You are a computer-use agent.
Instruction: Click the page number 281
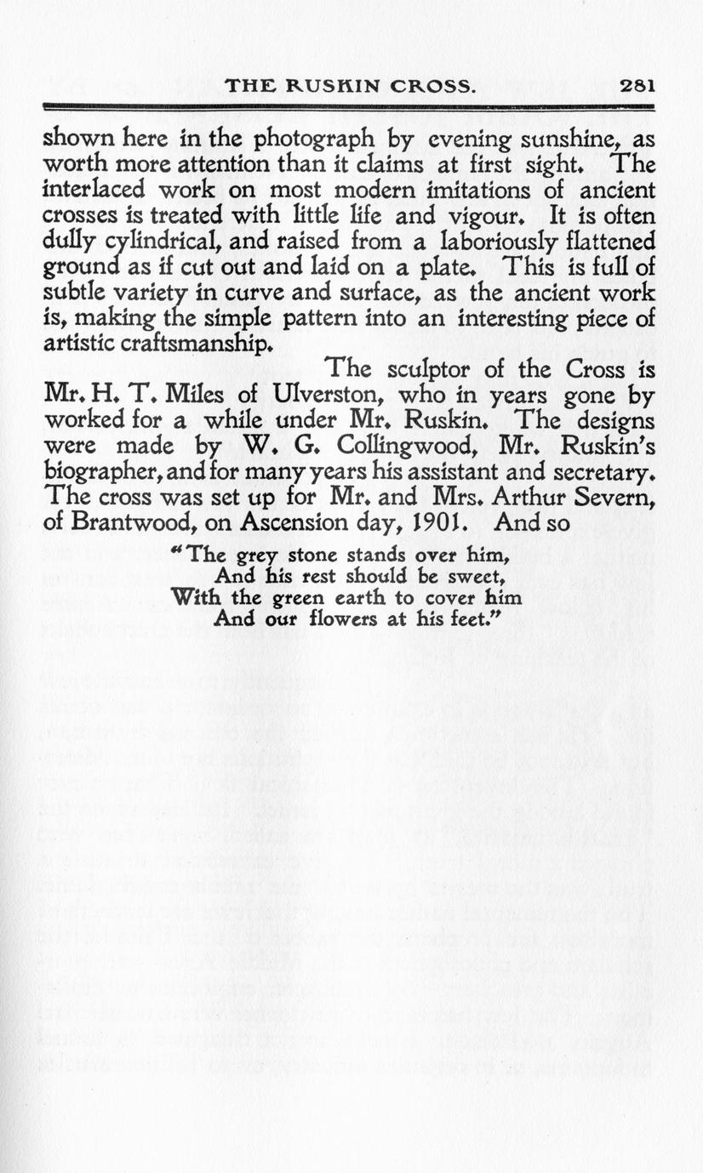point(636,85)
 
